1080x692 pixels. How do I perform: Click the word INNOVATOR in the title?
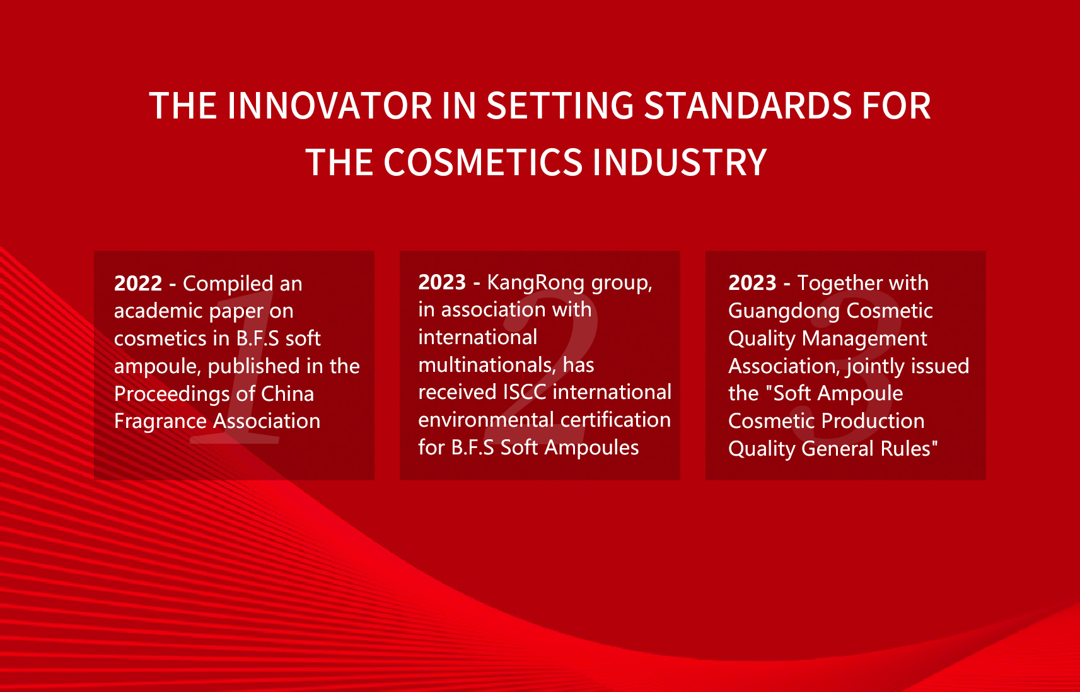329,105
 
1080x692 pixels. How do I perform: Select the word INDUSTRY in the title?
680,162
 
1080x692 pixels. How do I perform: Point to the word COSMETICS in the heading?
483,162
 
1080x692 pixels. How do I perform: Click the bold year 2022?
138,284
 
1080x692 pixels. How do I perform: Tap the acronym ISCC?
523,392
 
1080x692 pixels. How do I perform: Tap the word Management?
864,339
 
